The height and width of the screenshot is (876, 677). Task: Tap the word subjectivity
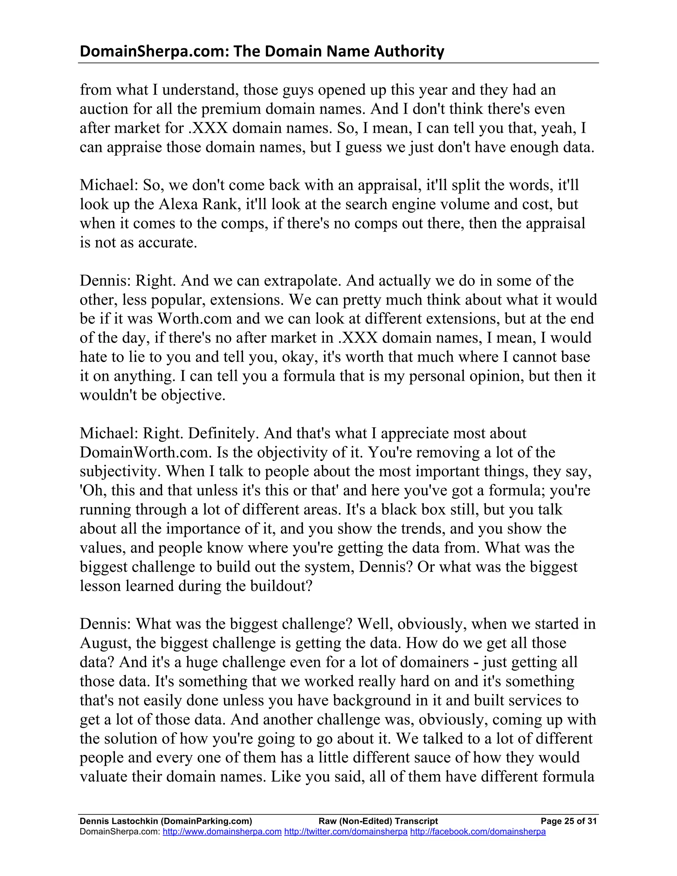[x=120, y=471]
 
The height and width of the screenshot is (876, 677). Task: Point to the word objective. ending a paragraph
[x=193, y=395]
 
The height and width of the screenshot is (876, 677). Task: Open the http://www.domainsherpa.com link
[x=222, y=831]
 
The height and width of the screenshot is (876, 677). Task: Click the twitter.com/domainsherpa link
[x=346, y=831]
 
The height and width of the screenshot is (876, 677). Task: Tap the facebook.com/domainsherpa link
[x=478, y=831]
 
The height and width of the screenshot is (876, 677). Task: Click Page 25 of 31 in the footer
[x=568, y=821]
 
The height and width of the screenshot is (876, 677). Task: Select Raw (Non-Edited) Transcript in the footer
[x=378, y=821]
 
